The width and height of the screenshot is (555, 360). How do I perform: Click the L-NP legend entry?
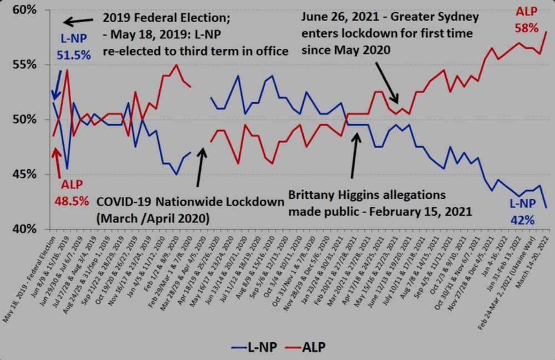pos(253,347)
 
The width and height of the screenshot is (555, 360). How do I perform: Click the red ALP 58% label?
pos(527,19)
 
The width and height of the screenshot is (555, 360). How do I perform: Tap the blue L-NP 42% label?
pos(522,212)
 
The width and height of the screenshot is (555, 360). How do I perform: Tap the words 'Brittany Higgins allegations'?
pos(367,195)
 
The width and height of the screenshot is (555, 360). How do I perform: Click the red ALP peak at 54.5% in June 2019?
pos(67,70)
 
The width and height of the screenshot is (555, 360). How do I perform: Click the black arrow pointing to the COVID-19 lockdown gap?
pos(200,166)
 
